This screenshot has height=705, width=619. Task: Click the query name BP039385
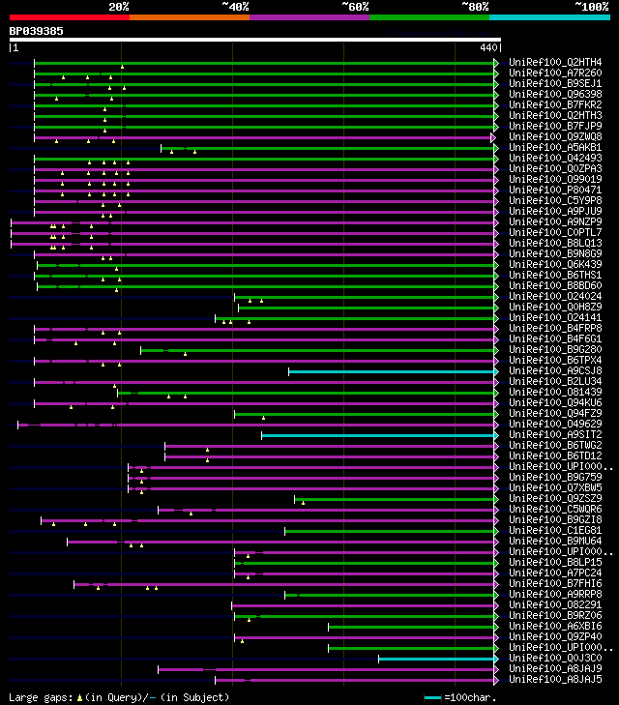(x=37, y=31)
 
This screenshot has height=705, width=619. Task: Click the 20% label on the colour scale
(x=119, y=7)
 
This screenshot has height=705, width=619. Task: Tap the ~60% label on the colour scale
(x=355, y=7)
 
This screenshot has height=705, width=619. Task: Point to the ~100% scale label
(x=591, y=7)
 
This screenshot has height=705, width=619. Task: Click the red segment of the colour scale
(x=69, y=16)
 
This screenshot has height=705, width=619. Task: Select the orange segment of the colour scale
(x=189, y=16)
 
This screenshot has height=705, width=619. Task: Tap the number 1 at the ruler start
(x=15, y=46)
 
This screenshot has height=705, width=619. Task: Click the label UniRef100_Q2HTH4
(x=554, y=62)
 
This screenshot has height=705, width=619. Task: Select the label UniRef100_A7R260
(x=554, y=73)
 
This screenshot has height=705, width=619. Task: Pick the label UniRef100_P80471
(x=554, y=190)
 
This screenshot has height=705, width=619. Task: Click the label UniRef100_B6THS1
(x=554, y=275)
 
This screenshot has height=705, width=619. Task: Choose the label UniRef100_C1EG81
(x=554, y=530)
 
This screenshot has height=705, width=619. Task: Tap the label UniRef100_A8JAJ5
(x=554, y=679)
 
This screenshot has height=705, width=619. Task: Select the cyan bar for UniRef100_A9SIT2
(x=377, y=434)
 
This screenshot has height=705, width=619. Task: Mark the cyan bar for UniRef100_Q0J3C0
(x=435, y=658)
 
